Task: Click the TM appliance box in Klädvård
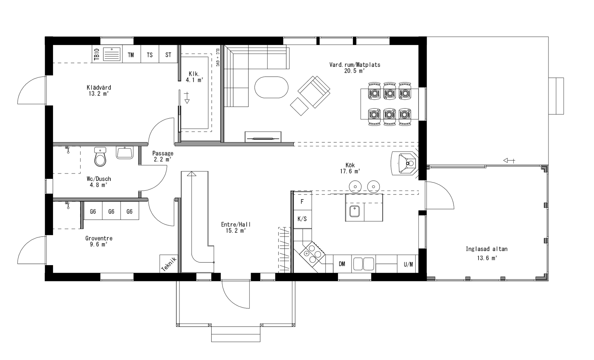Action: coord(131,55)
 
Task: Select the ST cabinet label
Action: coord(168,55)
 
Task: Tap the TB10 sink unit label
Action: coord(97,54)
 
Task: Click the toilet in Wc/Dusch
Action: coord(100,157)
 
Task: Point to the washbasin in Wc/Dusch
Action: coord(125,153)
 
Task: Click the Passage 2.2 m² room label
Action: coord(163,156)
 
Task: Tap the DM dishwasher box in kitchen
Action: coord(342,264)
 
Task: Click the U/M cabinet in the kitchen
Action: coord(408,264)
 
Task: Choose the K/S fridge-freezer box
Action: coord(302,219)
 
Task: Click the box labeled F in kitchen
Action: coord(302,202)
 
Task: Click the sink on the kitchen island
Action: coord(354,211)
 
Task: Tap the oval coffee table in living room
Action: coord(272,87)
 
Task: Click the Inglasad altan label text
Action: coord(486,249)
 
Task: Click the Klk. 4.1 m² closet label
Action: coord(194,77)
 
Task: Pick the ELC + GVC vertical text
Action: coord(218,57)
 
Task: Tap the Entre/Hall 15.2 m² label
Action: coord(236,227)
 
